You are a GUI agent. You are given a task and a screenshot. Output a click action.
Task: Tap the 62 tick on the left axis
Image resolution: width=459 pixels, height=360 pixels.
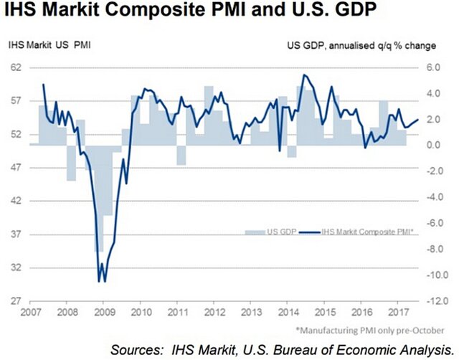coord(14,67)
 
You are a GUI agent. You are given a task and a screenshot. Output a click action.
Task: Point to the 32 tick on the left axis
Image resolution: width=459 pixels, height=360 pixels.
coord(14,267)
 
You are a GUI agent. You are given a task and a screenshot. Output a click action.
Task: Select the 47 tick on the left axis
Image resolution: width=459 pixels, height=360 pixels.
coord(14,168)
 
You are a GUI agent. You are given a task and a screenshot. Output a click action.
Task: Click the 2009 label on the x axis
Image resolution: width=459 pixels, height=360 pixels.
coord(103,314)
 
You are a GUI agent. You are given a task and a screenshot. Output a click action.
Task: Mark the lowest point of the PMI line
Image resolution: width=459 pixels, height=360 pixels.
coord(99,281)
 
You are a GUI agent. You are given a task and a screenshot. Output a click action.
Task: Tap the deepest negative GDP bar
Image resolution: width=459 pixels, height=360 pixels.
coord(100,237)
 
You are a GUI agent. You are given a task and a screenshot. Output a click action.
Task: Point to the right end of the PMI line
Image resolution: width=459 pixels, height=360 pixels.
coord(418,120)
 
